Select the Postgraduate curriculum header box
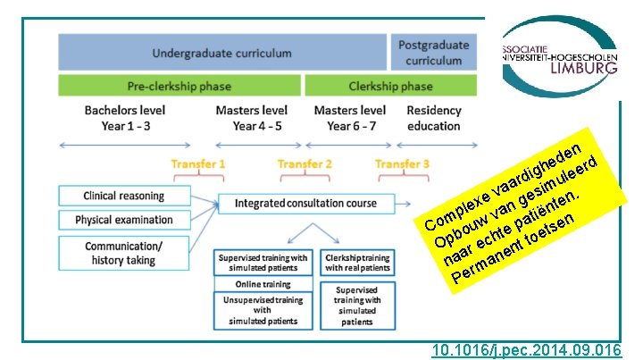[x=433, y=53]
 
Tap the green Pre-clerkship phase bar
[x=179, y=87]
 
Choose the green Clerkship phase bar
[x=390, y=87]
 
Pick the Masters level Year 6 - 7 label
[x=350, y=118]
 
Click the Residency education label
[x=433, y=118]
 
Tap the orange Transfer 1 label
[x=197, y=164]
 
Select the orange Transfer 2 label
[x=305, y=164]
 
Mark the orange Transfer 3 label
[x=402, y=164]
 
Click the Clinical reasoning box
[x=124, y=196]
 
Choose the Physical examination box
[x=124, y=220]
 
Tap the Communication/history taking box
[x=124, y=253]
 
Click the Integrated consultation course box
[x=305, y=204]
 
